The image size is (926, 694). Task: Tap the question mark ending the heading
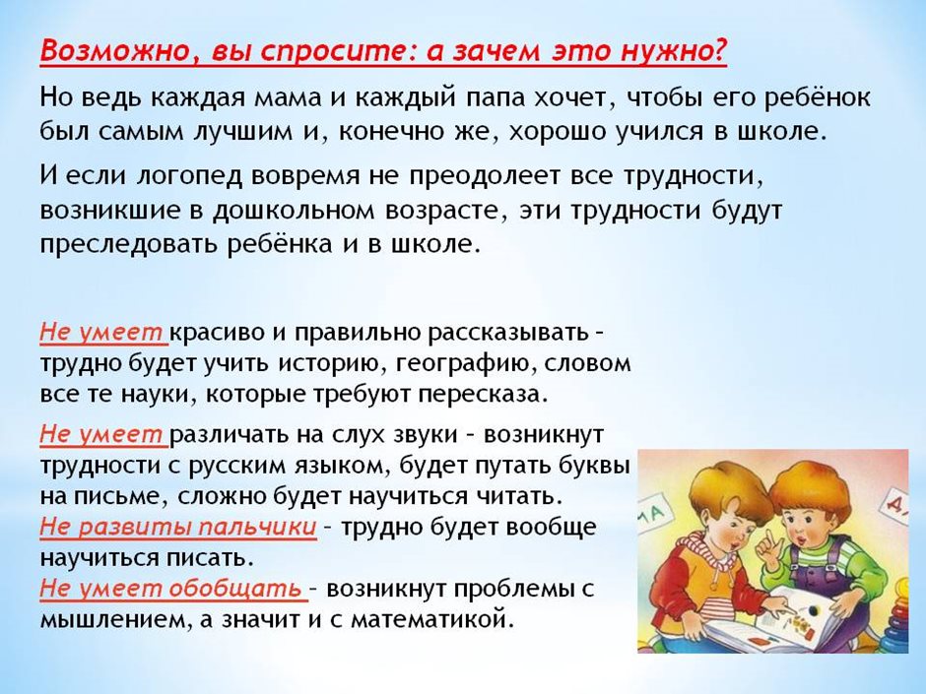click(x=719, y=50)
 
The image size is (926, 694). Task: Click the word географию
click(x=466, y=363)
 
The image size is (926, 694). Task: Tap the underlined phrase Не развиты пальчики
click(x=178, y=527)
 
